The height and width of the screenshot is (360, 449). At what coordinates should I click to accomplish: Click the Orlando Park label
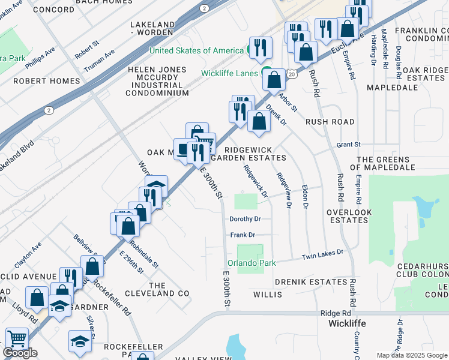click(251, 263)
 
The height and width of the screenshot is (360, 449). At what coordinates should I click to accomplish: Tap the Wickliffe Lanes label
click(230, 74)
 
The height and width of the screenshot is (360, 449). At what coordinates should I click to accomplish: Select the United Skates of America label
click(196, 50)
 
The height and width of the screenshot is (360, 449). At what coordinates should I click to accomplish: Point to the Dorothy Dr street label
click(245, 219)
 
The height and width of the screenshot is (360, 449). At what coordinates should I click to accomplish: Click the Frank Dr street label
click(243, 235)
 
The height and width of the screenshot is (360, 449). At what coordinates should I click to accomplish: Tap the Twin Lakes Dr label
click(322, 254)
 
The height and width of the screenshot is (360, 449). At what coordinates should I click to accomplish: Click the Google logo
click(20, 353)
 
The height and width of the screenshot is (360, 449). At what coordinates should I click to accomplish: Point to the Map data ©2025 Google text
click(412, 355)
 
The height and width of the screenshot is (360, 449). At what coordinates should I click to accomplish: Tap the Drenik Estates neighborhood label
click(311, 281)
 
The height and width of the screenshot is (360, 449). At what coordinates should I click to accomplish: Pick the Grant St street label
click(348, 145)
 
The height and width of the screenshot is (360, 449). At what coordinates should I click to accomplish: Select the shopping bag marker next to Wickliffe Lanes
click(274, 80)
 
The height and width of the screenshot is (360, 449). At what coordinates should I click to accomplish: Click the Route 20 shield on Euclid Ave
click(291, 74)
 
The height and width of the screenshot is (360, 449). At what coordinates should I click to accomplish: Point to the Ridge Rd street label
click(335, 313)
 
